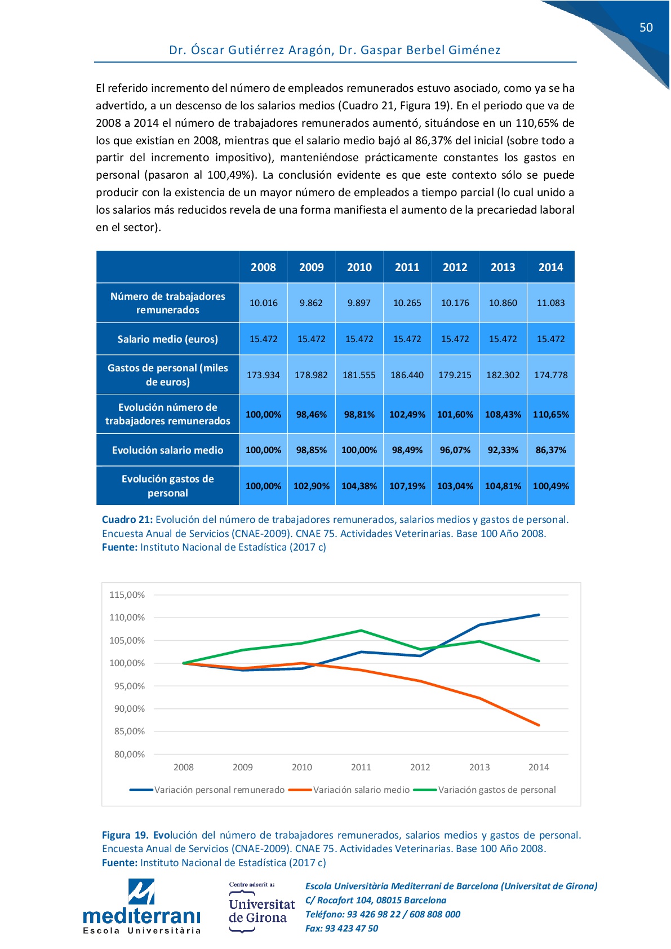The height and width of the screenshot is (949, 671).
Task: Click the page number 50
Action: tap(646, 28)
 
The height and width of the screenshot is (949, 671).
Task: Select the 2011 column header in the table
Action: tap(407, 267)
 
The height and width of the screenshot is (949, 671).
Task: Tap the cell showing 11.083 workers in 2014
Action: tap(550, 303)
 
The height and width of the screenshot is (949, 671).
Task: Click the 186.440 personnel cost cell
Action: tap(407, 375)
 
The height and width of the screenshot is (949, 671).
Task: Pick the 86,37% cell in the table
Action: tap(550, 450)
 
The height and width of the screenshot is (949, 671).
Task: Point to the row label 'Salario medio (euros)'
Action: tap(167, 339)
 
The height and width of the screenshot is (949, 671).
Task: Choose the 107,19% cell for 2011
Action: tap(407, 486)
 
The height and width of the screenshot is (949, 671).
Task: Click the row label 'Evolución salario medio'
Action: tap(167, 450)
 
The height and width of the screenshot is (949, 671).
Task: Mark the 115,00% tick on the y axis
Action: tap(127, 595)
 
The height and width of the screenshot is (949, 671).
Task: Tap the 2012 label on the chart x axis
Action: tap(420, 767)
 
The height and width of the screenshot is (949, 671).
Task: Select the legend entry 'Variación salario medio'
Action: tap(361, 790)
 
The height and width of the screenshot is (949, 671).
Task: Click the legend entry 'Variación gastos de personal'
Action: tap(496, 790)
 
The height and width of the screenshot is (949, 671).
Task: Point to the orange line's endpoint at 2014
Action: tap(539, 725)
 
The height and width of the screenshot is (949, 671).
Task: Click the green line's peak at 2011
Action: tap(361, 631)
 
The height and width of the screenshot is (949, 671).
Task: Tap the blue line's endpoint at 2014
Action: tap(539, 615)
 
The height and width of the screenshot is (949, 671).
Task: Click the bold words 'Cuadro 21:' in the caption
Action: tap(127, 520)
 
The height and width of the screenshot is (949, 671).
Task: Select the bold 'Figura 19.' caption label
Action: tap(125, 835)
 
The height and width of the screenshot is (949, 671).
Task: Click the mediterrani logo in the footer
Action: tap(141, 907)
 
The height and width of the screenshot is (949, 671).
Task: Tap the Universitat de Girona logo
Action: tap(261, 908)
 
